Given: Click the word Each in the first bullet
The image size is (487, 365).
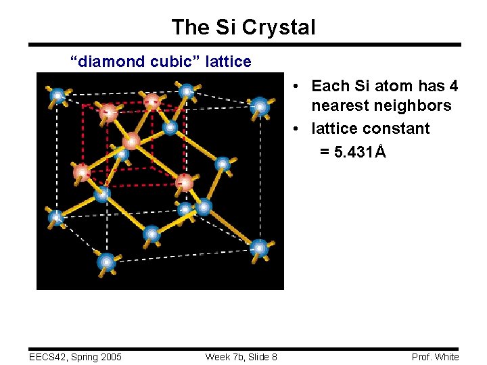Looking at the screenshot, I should coord(329,87).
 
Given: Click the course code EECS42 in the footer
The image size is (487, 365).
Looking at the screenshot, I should coord(49,357).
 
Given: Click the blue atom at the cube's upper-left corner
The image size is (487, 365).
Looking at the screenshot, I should coord(58,96).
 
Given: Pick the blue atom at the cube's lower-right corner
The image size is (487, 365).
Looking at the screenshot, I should coord(260,248).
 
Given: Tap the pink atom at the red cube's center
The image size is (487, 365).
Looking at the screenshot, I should coord(131,141).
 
